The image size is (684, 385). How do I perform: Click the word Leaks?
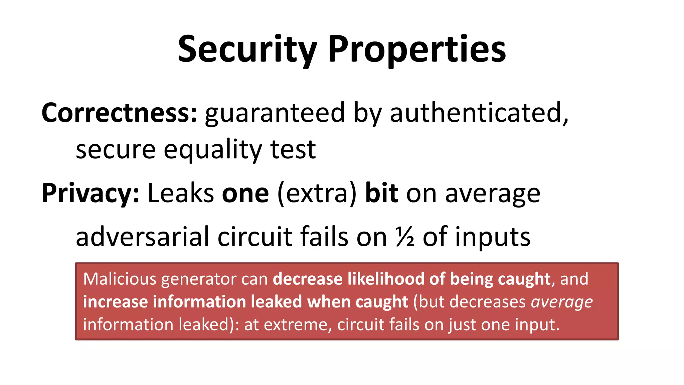click(x=181, y=193)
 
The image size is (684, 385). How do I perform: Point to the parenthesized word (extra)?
click(x=317, y=194)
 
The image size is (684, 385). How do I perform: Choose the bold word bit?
click(x=381, y=193)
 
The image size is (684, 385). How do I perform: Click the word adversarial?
click(x=142, y=237)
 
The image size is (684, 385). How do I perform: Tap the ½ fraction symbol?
click(x=405, y=237)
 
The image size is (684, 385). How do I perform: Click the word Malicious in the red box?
click(x=119, y=279)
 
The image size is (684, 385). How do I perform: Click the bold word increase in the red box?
click(x=115, y=301)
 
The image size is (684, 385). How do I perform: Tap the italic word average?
click(x=562, y=302)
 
